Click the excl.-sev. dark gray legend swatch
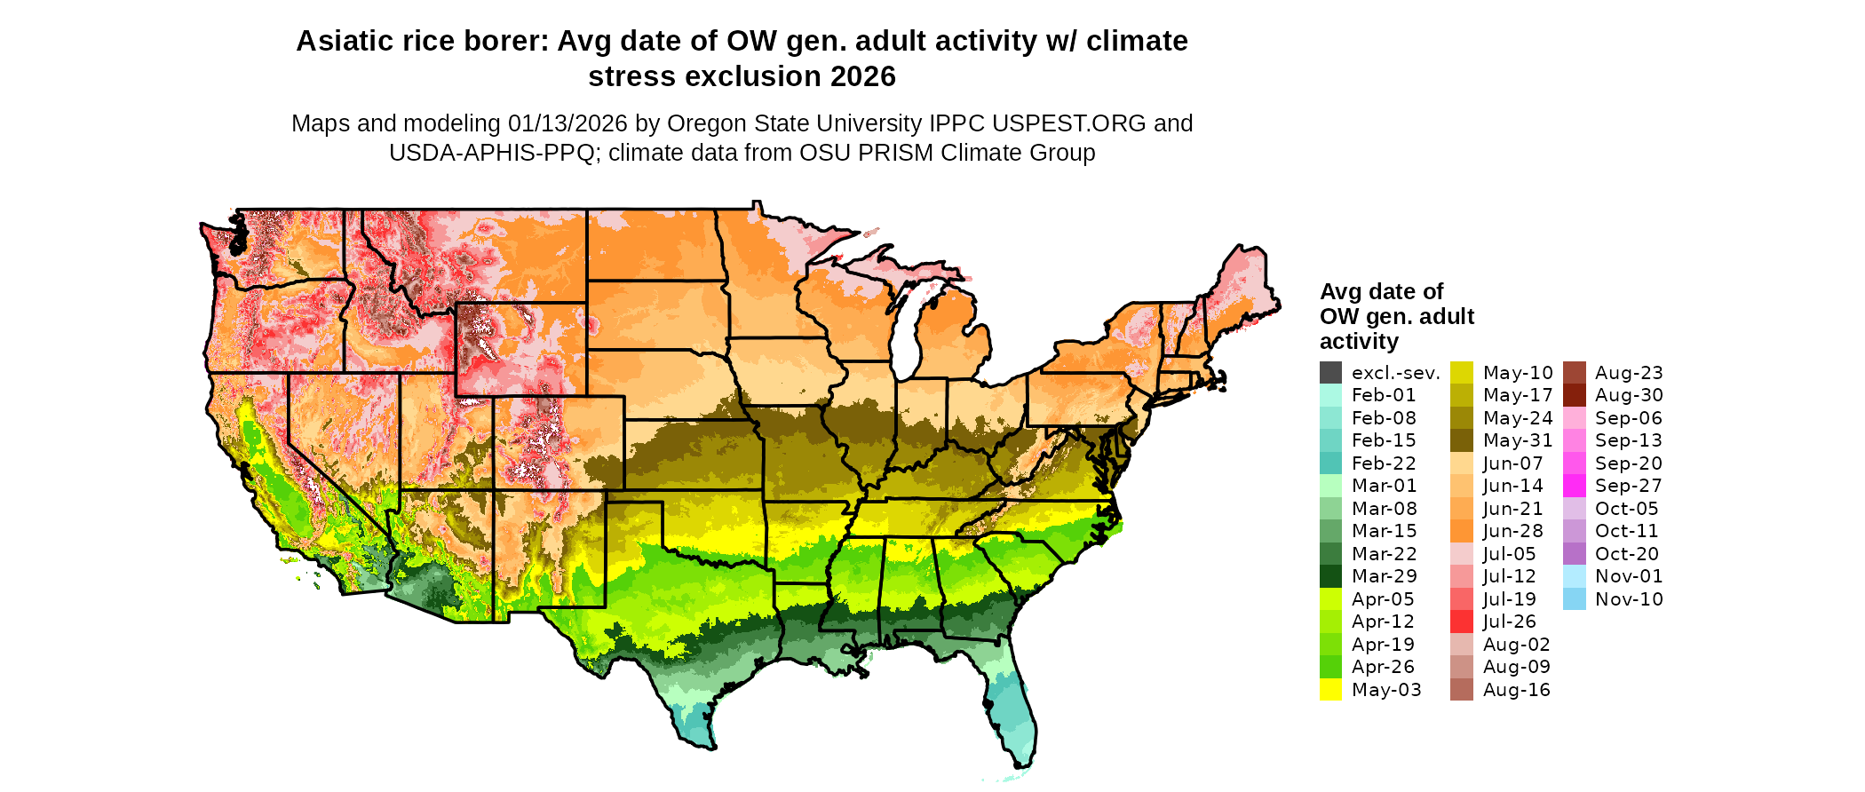[x=1330, y=373]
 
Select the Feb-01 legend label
[x=1384, y=395]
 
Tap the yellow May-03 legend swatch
[x=1330, y=690]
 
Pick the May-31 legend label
[x=1518, y=440]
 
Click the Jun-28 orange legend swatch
[x=1462, y=531]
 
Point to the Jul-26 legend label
[x=1509, y=622]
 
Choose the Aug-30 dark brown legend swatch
[x=1574, y=395]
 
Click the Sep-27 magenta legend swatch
[x=1574, y=486]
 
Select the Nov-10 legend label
[x=1629, y=599]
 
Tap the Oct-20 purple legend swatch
[x=1574, y=554]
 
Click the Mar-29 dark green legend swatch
[x=1330, y=576]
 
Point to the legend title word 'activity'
[x=1359, y=342]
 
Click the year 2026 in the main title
[x=863, y=76]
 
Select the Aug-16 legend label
[x=1516, y=690]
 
